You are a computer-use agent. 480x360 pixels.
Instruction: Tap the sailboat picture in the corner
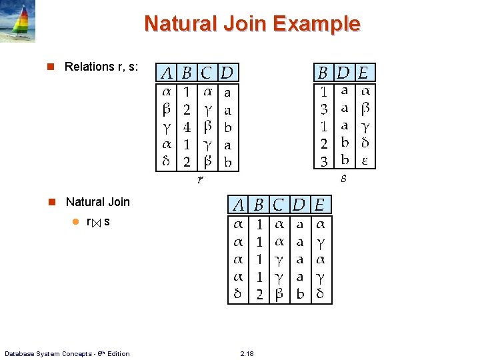pyautogui.click(x=17, y=21)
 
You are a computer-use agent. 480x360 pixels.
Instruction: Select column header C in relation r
pyautogui.click(x=208, y=72)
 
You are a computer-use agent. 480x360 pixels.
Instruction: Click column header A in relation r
pyautogui.click(x=167, y=72)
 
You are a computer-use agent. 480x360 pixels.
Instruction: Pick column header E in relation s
pyautogui.click(x=365, y=72)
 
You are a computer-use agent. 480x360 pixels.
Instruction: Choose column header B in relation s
pyautogui.click(x=323, y=72)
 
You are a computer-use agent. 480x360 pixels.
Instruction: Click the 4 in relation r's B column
pyautogui.click(x=187, y=127)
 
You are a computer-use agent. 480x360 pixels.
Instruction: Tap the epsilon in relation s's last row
pyautogui.click(x=365, y=161)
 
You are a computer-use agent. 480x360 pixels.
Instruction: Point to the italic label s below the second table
pyautogui.click(x=344, y=178)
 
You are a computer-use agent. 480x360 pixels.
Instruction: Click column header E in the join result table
pyautogui.click(x=320, y=204)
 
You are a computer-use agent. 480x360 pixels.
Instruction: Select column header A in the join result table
pyautogui.click(x=238, y=204)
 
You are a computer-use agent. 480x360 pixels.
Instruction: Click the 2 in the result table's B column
pyautogui.click(x=259, y=294)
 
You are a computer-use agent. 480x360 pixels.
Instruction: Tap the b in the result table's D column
pyautogui.click(x=300, y=294)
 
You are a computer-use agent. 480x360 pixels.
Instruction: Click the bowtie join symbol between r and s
pyautogui.click(x=97, y=222)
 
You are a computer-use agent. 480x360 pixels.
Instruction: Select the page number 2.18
pyautogui.click(x=247, y=353)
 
